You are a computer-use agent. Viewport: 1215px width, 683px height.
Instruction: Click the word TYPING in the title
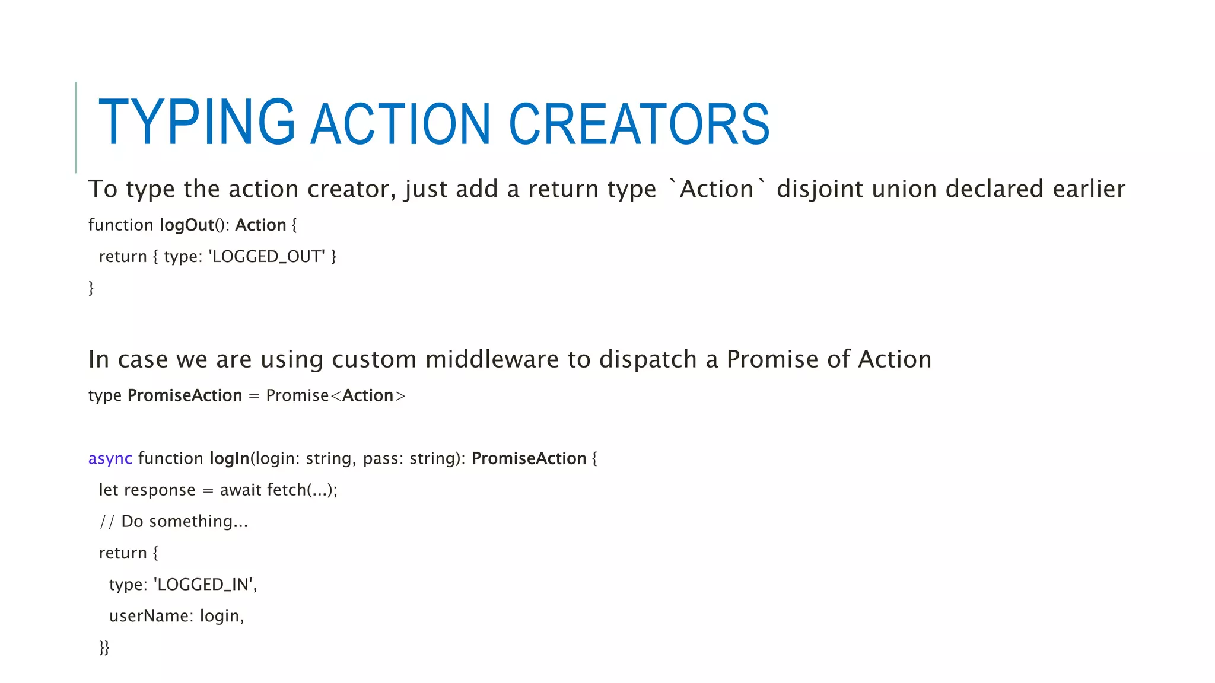coord(196,123)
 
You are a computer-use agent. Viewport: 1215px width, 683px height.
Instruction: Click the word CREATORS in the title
coord(639,124)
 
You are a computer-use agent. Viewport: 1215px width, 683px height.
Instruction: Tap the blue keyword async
coord(110,458)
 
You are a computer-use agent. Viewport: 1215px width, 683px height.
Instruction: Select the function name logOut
coord(187,225)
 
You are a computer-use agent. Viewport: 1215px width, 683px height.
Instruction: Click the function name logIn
coord(229,458)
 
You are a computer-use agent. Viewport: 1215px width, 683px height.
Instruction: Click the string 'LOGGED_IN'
coord(204,585)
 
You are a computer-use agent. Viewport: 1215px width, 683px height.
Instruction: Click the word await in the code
coord(241,490)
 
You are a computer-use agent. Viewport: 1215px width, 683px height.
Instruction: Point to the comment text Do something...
coord(184,522)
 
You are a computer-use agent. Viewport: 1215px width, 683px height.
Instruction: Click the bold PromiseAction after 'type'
coord(185,395)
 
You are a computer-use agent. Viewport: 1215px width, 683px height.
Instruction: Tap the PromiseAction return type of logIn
coord(529,458)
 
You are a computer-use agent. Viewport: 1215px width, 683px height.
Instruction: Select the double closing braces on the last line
coord(104,647)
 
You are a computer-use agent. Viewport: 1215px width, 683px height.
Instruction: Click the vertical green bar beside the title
coord(76,127)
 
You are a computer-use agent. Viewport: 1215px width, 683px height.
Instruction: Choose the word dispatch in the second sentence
coord(647,359)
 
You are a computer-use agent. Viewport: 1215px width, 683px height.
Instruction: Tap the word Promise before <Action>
coord(297,395)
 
